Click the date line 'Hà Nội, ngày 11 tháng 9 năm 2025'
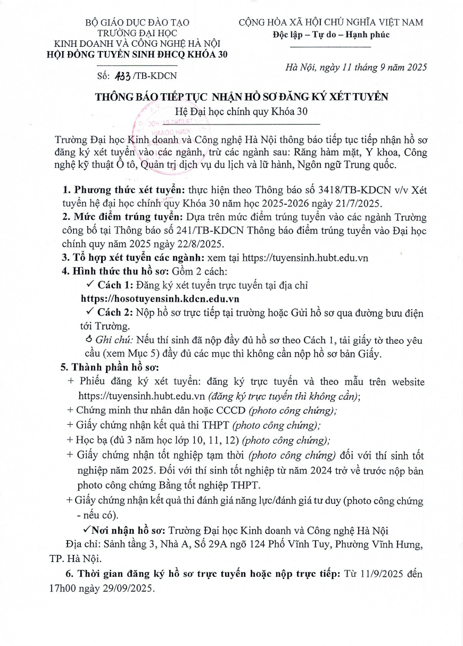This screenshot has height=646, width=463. (356, 67)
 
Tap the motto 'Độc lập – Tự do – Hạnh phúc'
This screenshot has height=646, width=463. (331, 35)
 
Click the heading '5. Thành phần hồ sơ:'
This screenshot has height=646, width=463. (111, 367)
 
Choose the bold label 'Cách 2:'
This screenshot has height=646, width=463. (117, 313)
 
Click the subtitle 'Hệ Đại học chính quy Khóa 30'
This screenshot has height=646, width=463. (231, 111)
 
